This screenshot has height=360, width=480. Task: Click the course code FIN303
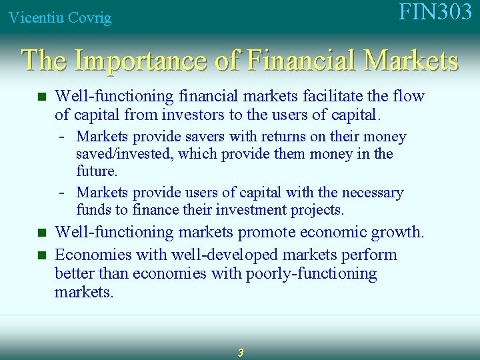pos(435,13)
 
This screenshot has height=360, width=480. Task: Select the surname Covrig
pos(89,18)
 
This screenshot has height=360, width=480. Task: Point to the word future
pos(96,171)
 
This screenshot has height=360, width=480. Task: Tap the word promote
pos(265,232)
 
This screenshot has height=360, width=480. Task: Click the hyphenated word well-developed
pos(224,255)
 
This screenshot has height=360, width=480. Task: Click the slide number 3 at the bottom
pos(240,352)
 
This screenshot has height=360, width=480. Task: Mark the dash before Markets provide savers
pos(61,137)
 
